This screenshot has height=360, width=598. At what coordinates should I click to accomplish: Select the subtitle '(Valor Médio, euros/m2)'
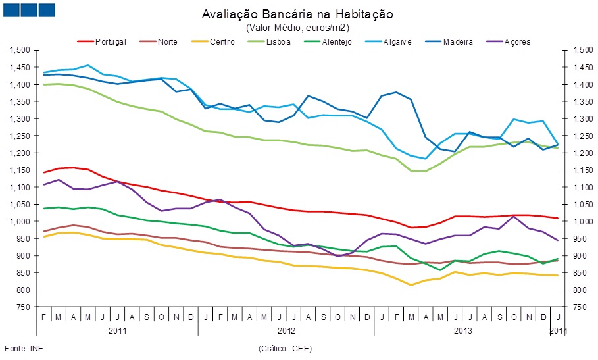tap(297, 28)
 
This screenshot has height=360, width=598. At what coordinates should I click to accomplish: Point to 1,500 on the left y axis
tap(22, 51)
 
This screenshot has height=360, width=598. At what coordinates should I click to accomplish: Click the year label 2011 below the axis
tap(117, 330)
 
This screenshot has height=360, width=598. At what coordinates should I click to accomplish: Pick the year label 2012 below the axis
tap(286, 330)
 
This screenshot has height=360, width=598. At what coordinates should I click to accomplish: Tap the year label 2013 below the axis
tap(463, 330)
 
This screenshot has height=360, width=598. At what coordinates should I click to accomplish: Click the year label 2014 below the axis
tap(558, 330)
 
